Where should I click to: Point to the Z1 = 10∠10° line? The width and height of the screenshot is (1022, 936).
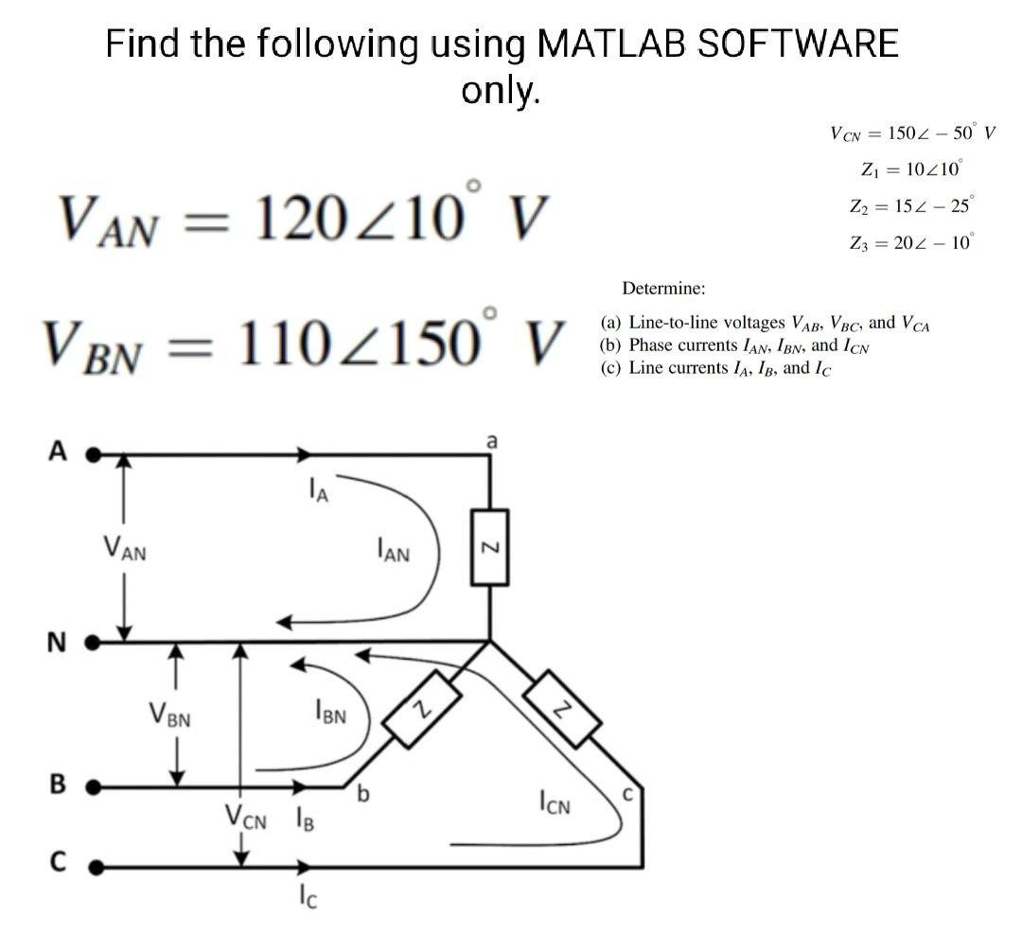tap(911, 170)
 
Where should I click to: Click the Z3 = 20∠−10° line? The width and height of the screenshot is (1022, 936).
tap(911, 241)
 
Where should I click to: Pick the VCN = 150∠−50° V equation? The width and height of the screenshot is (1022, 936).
tap(911, 132)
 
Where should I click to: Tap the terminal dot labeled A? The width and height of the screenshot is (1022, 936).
tap(93, 454)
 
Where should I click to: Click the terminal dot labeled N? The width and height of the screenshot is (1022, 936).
tap(93, 643)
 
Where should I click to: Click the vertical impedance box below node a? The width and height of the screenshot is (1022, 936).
tap(489, 549)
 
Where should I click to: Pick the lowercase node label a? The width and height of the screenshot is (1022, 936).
tap(490, 440)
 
